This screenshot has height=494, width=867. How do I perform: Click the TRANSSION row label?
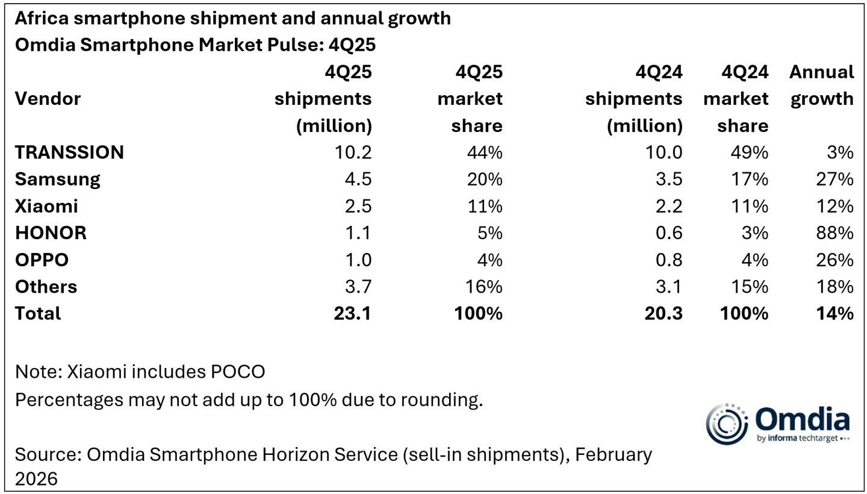pyautogui.click(x=69, y=152)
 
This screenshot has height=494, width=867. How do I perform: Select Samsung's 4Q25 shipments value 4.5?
pyautogui.click(x=357, y=180)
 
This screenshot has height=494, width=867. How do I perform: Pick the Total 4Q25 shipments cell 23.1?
pyautogui.click(x=353, y=313)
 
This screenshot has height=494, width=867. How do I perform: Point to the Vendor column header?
pyautogui.click(x=48, y=99)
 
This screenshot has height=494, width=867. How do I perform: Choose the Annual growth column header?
pyautogui.click(x=821, y=86)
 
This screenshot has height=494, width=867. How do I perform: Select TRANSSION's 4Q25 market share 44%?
pyautogui.click(x=484, y=152)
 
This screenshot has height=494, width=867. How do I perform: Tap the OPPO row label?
pyautogui.click(x=42, y=260)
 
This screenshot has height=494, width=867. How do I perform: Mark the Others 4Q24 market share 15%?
pyautogui.click(x=751, y=287)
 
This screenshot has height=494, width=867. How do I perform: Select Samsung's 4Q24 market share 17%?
pyautogui.click(x=751, y=180)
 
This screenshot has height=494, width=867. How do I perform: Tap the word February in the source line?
pyautogui.click(x=613, y=454)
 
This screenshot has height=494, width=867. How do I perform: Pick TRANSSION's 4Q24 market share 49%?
pyautogui.click(x=751, y=152)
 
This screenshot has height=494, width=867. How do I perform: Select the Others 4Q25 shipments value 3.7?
pyautogui.click(x=357, y=287)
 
